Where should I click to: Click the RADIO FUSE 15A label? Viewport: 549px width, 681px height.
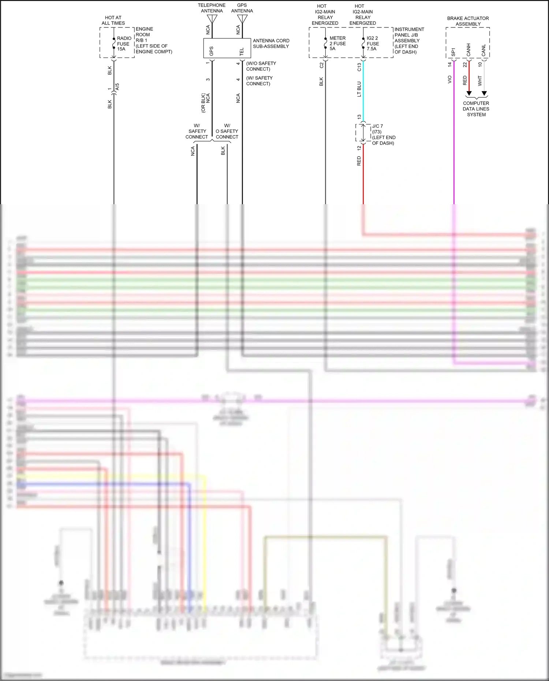point(124,44)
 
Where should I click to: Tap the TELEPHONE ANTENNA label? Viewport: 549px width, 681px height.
point(212,8)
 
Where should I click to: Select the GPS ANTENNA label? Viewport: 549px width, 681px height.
point(242,8)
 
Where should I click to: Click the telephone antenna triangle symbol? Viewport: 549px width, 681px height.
point(212,19)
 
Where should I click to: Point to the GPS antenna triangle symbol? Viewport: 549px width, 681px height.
point(242,19)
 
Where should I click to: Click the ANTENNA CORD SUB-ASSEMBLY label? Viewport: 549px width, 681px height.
point(271,44)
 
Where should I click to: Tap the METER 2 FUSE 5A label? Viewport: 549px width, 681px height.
point(337,43)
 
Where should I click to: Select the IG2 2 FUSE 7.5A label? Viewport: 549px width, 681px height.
point(373,43)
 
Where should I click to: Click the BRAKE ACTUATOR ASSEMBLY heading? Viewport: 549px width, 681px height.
point(468,21)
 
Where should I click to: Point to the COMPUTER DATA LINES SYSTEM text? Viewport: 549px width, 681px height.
point(476,109)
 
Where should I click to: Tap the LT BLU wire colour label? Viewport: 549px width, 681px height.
point(359,89)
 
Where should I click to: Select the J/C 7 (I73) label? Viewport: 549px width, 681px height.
point(383,134)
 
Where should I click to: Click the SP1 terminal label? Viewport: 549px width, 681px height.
point(453,52)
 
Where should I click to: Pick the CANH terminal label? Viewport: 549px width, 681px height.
point(468,50)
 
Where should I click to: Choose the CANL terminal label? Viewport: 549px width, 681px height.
point(483,50)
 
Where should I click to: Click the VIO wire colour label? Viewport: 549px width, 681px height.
point(449,79)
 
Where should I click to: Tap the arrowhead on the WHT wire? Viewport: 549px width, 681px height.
point(484,93)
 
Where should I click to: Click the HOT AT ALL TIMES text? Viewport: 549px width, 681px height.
point(113,20)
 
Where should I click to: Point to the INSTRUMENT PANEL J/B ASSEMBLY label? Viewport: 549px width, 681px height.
point(409,41)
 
